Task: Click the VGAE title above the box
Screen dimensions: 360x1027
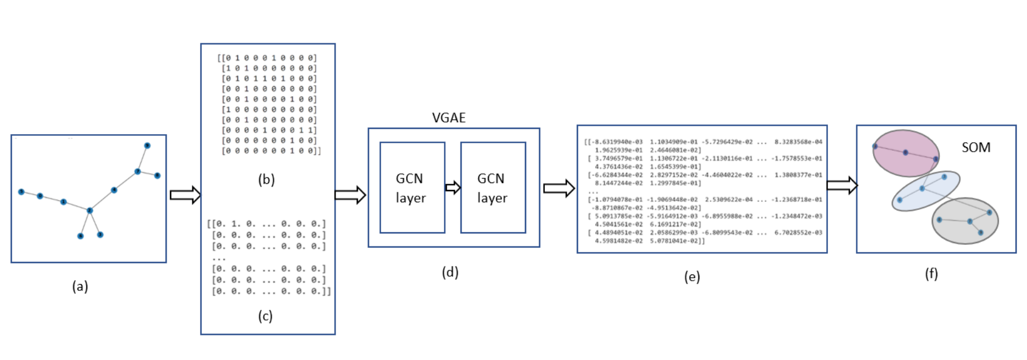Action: [x=448, y=118]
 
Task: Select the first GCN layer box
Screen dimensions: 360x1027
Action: [x=412, y=188]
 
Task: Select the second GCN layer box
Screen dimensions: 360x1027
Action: [x=493, y=188]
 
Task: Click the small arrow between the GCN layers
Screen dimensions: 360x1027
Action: [x=453, y=187]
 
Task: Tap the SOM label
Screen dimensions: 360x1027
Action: [x=976, y=147]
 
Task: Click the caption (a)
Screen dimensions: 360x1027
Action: [x=80, y=286]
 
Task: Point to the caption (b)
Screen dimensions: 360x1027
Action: [x=266, y=179]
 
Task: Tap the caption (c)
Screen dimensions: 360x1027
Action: [x=265, y=315]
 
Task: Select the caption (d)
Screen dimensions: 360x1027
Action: [x=450, y=272]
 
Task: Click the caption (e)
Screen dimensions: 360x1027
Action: [x=692, y=277]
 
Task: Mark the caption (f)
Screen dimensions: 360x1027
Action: [x=931, y=274]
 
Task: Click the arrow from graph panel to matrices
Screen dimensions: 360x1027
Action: [x=185, y=195]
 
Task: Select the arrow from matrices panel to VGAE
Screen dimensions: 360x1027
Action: [x=350, y=195]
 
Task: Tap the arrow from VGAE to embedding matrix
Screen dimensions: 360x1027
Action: [x=559, y=188]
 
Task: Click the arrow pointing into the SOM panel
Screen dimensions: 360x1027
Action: [x=842, y=185]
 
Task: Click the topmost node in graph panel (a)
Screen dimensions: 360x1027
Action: [x=147, y=145]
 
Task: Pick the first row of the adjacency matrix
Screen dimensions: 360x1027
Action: [x=267, y=58]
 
